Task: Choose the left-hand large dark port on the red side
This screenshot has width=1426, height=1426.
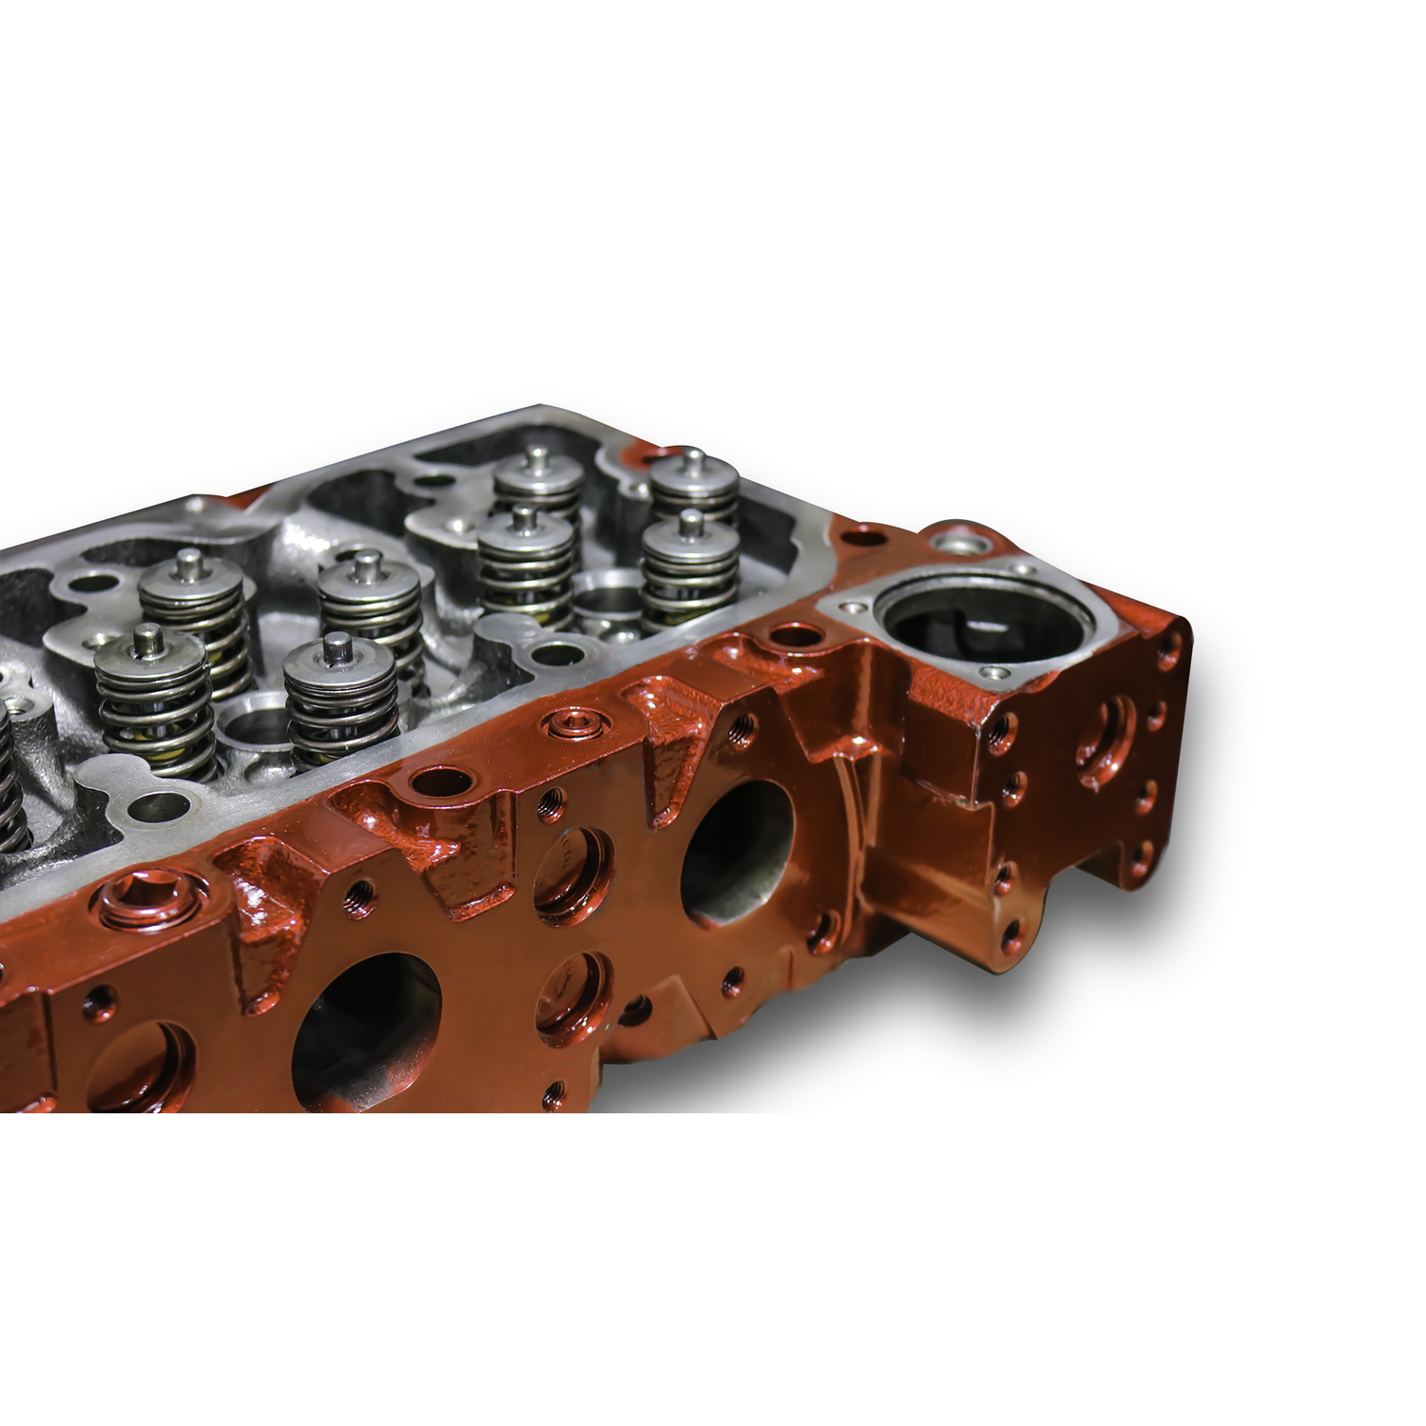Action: coord(366,1031)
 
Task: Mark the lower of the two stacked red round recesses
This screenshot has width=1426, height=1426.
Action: coord(573,989)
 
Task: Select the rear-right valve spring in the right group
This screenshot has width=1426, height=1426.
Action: coord(694,490)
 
